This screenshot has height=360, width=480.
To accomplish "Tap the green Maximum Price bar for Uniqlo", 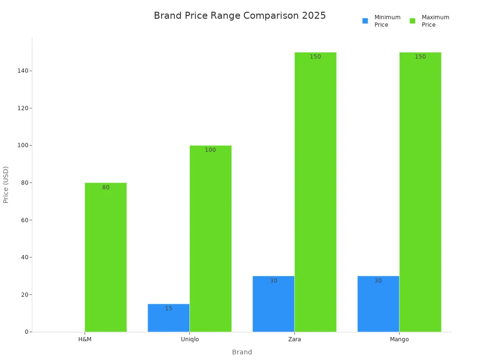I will (210, 239).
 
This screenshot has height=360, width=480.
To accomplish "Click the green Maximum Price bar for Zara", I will (315, 192).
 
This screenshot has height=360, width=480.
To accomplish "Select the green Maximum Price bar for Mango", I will (420, 192).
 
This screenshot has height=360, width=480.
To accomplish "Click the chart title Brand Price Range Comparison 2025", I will (240, 15).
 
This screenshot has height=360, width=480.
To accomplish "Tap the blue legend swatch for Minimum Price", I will (365, 21).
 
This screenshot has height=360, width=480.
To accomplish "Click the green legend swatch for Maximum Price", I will (412, 21).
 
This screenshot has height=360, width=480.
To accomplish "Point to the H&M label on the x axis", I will (85, 339).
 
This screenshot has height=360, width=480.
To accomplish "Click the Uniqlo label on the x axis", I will (190, 339).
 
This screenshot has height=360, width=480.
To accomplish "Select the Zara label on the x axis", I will (294, 339).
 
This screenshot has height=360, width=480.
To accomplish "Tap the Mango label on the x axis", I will (399, 339).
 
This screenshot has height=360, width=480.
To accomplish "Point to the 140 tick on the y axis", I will (22, 71).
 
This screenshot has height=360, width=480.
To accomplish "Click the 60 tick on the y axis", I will (24, 220).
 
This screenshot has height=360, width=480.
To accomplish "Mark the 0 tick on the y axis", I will (27, 332).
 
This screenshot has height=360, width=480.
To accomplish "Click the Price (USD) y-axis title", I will (6, 184).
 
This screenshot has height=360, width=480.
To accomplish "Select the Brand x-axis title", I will (242, 352).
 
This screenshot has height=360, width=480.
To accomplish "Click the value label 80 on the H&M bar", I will (106, 187).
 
